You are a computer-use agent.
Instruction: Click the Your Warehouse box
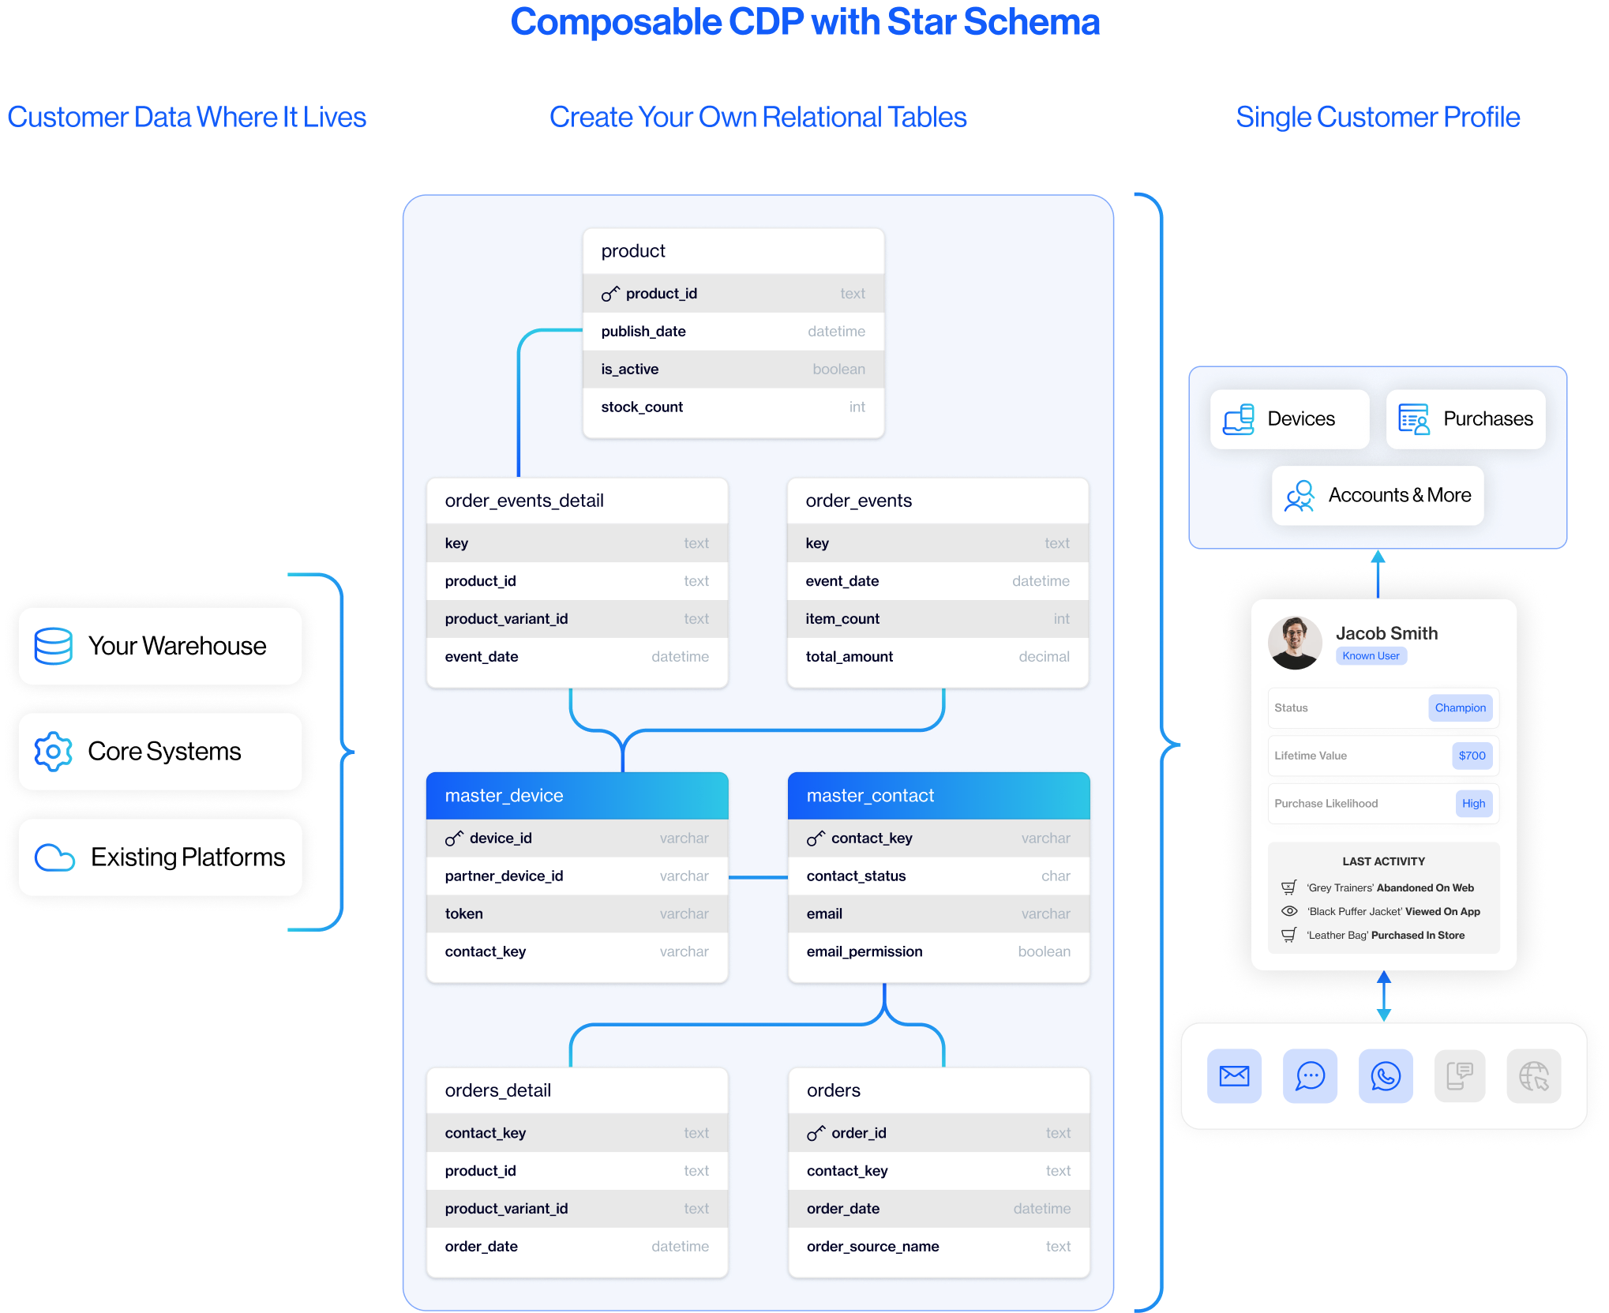pyautogui.click(x=160, y=646)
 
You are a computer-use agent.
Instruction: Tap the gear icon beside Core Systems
pyautogui.click(x=53, y=752)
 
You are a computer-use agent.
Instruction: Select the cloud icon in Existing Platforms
pyautogui.click(x=54, y=857)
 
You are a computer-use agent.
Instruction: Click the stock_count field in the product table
pyautogui.click(x=642, y=407)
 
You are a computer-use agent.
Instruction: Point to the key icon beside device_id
pyautogui.click(x=454, y=838)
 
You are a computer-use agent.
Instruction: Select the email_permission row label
pyautogui.click(x=865, y=952)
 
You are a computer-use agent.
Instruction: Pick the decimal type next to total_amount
pyautogui.click(x=1044, y=657)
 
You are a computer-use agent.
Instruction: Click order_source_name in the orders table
pyautogui.click(x=872, y=1247)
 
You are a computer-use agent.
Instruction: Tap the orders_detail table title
pyautogui.click(x=498, y=1091)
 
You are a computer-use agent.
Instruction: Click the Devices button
pyautogui.click(x=1289, y=419)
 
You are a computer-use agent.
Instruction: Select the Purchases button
pyautogui.click(x=1465, y=419)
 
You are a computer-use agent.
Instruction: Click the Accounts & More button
pyautogui.click(x=1378, y=496)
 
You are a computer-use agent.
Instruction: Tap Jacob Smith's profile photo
pyautogui.click(x=1295, y=643)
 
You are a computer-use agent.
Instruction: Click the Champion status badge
pyautogui.click(x=1460, y=708)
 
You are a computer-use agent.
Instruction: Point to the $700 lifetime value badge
pyautogui.click(x=1472, y=756)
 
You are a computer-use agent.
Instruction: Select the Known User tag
pyautogui.click(x=1371, y=656)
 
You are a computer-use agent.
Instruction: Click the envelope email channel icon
pyautogui.click(x=1234, y=1076)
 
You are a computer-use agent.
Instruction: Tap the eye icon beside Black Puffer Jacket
pyautogui.click(x=1289, y=911)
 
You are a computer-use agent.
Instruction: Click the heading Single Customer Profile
pyautogui.click(x=1378, y=118)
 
